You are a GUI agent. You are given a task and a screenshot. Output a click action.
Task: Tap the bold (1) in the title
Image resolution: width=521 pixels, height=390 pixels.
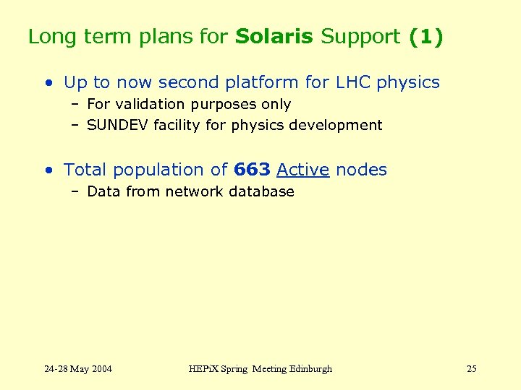click(425, 37)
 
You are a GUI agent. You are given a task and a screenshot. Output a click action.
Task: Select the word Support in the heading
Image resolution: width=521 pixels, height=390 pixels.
click(360, 37)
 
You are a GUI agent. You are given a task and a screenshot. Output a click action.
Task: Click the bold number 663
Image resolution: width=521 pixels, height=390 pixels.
click(252, 170)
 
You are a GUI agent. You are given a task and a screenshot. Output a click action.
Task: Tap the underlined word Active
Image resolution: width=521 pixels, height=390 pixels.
click(302, 170)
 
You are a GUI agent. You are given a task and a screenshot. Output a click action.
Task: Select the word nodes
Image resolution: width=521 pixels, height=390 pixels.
click(361, 170)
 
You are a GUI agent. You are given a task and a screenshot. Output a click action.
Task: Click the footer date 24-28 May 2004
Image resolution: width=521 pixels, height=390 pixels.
click(78, 369)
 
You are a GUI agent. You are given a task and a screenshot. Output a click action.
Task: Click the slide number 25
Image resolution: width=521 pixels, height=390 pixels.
click(471, 369)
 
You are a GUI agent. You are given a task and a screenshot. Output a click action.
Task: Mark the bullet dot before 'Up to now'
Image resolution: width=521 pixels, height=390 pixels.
click(48, 83)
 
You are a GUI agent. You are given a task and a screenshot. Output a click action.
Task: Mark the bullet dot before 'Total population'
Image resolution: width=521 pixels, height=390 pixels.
click(48, 170)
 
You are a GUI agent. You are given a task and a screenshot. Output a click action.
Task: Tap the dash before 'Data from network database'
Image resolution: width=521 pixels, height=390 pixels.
click(75, 191)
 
